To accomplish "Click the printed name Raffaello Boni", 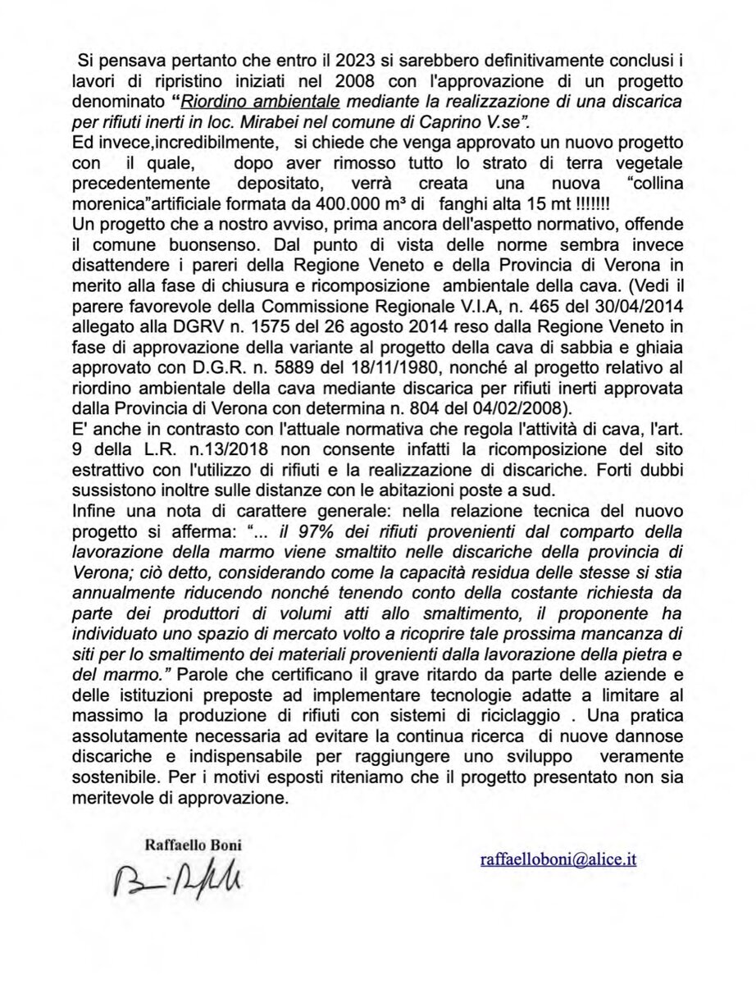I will click(x=193, y=844).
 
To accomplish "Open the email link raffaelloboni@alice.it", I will click(x=558, y=859).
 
